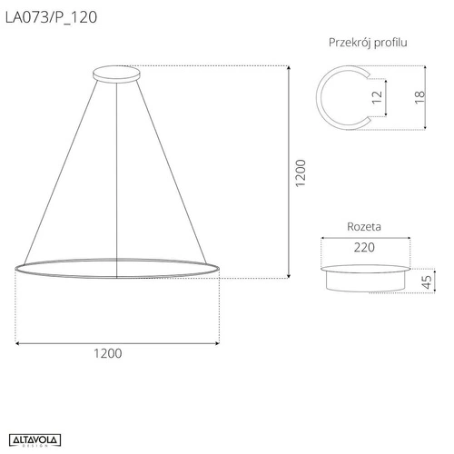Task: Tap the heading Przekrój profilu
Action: click(367, 42)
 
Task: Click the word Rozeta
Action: click(364, 227)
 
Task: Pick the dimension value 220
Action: click(364, 246)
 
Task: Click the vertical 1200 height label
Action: click(301, 173)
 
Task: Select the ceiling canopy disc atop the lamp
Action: click(118, 73)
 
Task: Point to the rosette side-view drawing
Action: click(364, 276)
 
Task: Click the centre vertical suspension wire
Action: click(118, 173)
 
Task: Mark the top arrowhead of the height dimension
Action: click(289, 70)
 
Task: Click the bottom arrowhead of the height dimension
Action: click(289, 274)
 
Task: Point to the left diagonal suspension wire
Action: click(59, 173)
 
